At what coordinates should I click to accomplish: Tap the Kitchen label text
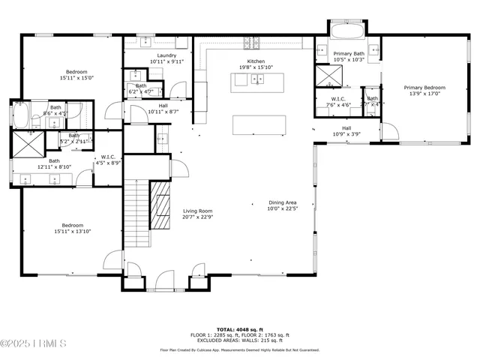point(256,61)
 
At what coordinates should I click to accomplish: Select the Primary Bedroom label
point(424,87)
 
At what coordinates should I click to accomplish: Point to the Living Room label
point(198,211)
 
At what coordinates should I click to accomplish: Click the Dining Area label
point(283,202)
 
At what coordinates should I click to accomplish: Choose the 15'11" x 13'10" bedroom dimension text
point(72,231)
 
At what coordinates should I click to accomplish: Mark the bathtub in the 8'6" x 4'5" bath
point(21,115)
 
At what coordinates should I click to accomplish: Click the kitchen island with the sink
point(253,79)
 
